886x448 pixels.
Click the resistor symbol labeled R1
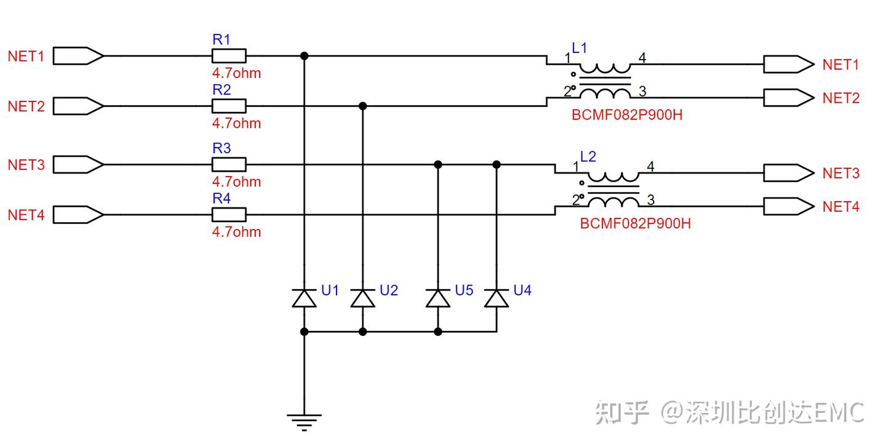click(x=229, y=56)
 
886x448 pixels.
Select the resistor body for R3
click(x=229, y=164)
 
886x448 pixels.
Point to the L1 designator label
click(x=580, y=48)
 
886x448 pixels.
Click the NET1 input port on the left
click(x=78, y=56)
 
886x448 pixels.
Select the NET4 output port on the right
click(x=789, y=206)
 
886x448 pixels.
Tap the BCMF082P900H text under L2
click(x=635, y=223)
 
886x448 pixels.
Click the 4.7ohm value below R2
click(x=236, y=123)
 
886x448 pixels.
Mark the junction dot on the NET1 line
click(x=304, y=56)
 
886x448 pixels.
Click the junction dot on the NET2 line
click(x=363, y=106)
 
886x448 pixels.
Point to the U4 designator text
click(x=522, y=290)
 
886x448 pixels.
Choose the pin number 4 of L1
click(x=642, y=58)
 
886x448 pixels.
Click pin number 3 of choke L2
click(x=651, y=200)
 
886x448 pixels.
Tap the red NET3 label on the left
click(x=26, y=165)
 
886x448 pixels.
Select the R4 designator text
click(x=221, y=198)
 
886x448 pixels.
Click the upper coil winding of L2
click(x=613, y=177)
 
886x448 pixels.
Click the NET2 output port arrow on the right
click(x=789, y=97)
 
